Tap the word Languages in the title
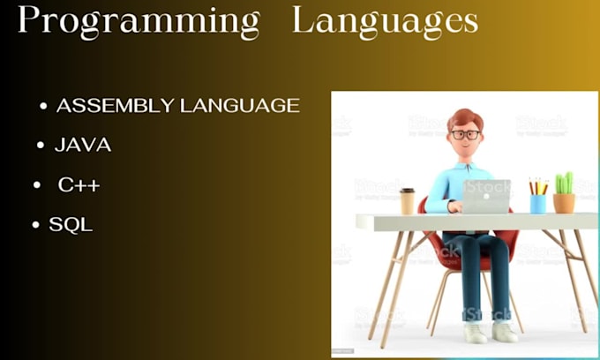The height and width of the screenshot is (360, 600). point(386,22)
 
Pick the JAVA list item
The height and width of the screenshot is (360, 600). point(83,146)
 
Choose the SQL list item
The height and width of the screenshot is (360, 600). point(71,225)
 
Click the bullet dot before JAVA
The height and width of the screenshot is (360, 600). point(41,146)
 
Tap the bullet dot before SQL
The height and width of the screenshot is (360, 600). point(36,226)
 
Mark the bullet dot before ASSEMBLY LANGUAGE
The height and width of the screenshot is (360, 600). point(44,107)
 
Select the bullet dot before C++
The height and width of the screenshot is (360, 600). point(38,186)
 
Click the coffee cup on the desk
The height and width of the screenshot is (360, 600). point(407,201)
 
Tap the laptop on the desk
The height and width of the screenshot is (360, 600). point(486,197)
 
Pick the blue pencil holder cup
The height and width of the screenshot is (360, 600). point(537,203)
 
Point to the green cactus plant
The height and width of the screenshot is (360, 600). point(564,183)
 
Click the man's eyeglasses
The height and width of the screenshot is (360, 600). point(465,135)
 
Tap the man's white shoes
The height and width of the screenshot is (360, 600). point(491,333)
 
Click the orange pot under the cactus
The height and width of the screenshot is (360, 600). point(564,203)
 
